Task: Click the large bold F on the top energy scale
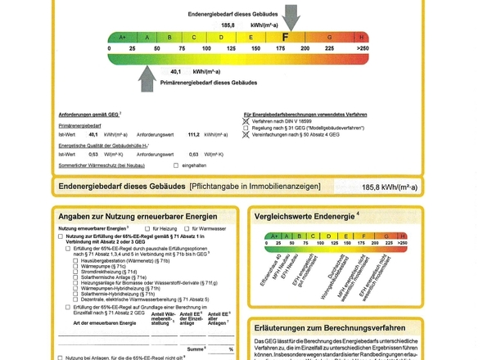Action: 286,37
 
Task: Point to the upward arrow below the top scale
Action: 147,79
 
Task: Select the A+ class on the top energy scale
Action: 123,38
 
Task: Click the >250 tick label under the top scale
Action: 363,49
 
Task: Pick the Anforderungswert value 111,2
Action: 194,134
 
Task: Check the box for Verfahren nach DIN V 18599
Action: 246,121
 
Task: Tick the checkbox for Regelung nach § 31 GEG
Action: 246,128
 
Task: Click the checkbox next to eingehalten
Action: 176,165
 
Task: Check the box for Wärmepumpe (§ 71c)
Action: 76,266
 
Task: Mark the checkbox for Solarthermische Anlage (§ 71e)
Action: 76,277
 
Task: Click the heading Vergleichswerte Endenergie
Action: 305,217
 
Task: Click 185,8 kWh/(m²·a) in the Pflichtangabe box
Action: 389,187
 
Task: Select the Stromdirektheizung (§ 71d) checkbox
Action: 76,272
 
